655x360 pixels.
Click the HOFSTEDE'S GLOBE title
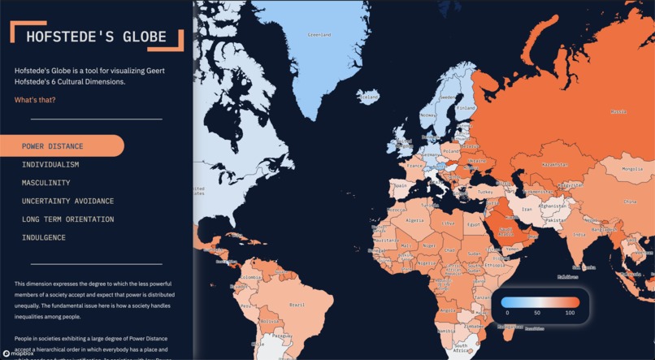click(x=96, y=37)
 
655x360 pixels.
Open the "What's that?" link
click(x=35, y=100)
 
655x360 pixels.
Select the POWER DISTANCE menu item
click(x=53, y=146)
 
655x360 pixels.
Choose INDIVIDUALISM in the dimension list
click(x=50, y=165)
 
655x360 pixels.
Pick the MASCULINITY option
click(x=46, y=183)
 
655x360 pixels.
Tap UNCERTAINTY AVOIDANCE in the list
click(x=67, y=201)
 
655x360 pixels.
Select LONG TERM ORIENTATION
click(x=67, y=219)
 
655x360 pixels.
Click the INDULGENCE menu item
click(x=44, y=237)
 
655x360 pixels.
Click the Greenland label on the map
click(x=319, y=35)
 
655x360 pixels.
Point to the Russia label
click(x=618, y=111)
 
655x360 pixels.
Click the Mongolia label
click(x=632, y=169)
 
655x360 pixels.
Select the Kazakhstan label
click(x=554, y=165)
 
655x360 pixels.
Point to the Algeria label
click(x=414, y=220)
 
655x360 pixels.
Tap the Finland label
click(x=466, y=107)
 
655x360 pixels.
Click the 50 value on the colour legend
click(x=537, y=312)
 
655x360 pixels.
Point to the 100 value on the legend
click(x=570, y=312)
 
